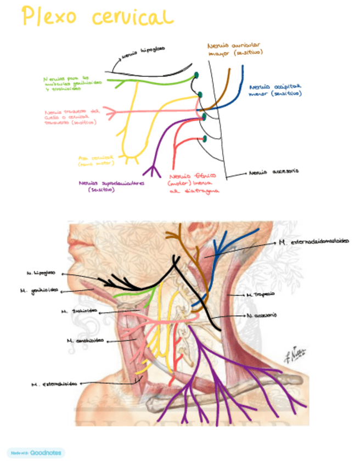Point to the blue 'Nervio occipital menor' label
275,90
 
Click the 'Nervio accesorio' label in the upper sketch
273,172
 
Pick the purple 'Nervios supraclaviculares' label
111,186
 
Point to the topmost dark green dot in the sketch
196,75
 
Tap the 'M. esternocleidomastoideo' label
313,241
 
